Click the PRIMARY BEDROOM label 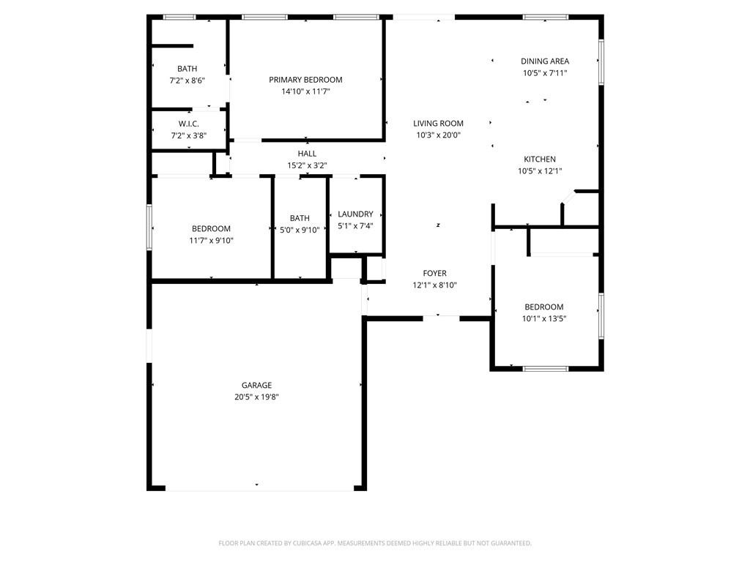[305, 80]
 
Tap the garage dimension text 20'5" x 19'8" [257, 397]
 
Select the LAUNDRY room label [355, 214]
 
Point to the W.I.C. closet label [189, 124]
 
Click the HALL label [307, 154]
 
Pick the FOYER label [435, 274]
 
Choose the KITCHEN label [540, 159]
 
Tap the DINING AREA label [545, 61]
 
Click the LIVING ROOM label [439, 123]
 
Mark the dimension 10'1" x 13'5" [544, 319]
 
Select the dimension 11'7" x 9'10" [212, 240]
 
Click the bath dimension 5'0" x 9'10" [300, 230]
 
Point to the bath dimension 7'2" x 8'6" [187, 80]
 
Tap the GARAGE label [257, 385]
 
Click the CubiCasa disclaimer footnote [375, 544]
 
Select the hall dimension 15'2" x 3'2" [307, 165]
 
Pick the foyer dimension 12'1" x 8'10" [435, 285]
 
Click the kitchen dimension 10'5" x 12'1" [540, 171]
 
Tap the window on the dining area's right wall [601, 62]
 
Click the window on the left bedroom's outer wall [149, 228]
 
